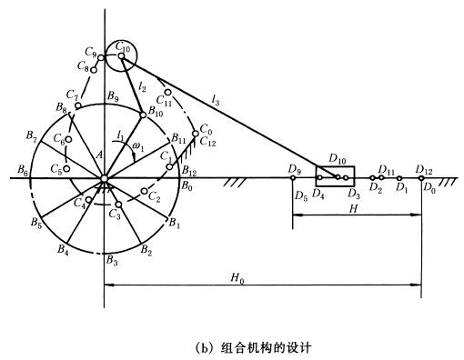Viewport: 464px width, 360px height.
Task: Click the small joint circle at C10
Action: [x=121, y=56]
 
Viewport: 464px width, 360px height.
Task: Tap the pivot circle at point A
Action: [x=104, y=178]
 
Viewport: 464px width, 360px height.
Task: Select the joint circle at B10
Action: [x=143, y=115]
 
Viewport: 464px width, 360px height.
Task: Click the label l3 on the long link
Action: [x=216, y=100]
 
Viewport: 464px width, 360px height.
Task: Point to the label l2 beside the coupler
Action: [x=142, y=86]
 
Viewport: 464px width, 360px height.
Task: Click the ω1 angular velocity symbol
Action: [x=138, y=147]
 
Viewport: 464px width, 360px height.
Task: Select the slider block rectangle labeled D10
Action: [x=335, y=176]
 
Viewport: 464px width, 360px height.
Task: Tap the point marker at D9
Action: [x=293, y=178]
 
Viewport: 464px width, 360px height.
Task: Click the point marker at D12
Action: [x=421, y=178]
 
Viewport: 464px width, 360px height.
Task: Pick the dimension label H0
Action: [x=237, y=278]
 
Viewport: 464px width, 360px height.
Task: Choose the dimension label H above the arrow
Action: [x=353, y=209]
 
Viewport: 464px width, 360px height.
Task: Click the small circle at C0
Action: [x=196, y=134]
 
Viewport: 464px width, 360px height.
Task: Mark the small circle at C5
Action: [x=66, y=168]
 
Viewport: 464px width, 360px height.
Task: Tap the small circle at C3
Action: [x=119, y=205]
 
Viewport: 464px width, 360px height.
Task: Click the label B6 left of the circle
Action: [x=23, y=170]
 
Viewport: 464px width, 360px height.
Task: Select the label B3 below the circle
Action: [x=111, y=260]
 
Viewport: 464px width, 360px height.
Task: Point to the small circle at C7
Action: [x=78, y=105]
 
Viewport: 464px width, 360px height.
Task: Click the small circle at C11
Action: [x=167, y=92]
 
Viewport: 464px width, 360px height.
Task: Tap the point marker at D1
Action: [x=399, y=178]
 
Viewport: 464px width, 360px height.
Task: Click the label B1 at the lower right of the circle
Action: [x=175, y=224]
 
